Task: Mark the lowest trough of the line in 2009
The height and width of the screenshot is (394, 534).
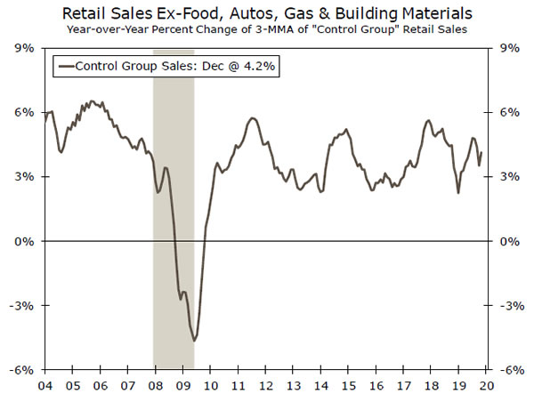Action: tap(194, 340)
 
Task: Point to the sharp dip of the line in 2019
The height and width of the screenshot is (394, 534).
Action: tap(458, 193)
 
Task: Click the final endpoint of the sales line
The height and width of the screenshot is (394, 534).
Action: tap(482, 151)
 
